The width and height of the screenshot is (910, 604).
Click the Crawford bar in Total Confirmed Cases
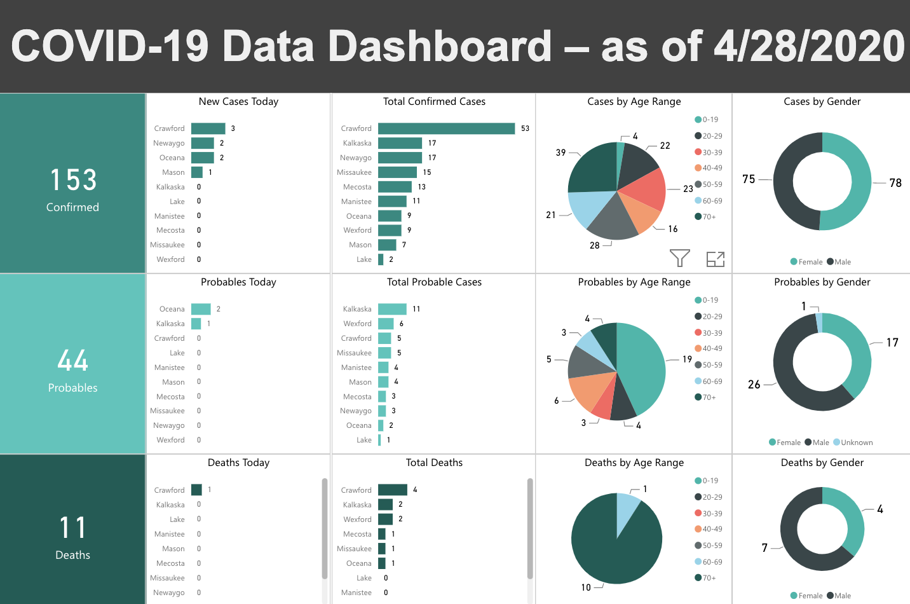click(x=446, y=128)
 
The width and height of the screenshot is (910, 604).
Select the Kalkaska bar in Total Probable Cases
click(x=392, y=309)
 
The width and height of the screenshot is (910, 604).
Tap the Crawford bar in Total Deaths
click(x=392, y=490)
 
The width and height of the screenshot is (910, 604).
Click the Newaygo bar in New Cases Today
click(x=202, y=143)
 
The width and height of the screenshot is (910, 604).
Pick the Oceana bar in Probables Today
click(x=201, y=309)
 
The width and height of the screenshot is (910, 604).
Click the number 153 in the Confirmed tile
click(x=73, y=180)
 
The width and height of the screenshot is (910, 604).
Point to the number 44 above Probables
click(x=73, y=360)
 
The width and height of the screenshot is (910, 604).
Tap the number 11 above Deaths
click(x=73, y=528)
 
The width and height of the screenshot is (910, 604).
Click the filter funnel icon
click(x=679, y=258)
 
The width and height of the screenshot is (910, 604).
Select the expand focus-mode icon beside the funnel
click(x=716, y=259)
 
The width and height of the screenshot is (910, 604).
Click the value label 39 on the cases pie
click(x=560, y=153)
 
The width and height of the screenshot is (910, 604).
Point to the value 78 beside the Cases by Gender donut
click(x=895, y=183)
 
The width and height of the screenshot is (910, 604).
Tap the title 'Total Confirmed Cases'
click(x=434, y=102)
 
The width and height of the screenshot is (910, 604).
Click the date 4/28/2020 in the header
click(x=809, y=46)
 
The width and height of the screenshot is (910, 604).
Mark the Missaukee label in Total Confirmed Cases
click(x=354, y=172)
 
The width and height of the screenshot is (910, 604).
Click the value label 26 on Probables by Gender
click(x=754, y=385)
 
